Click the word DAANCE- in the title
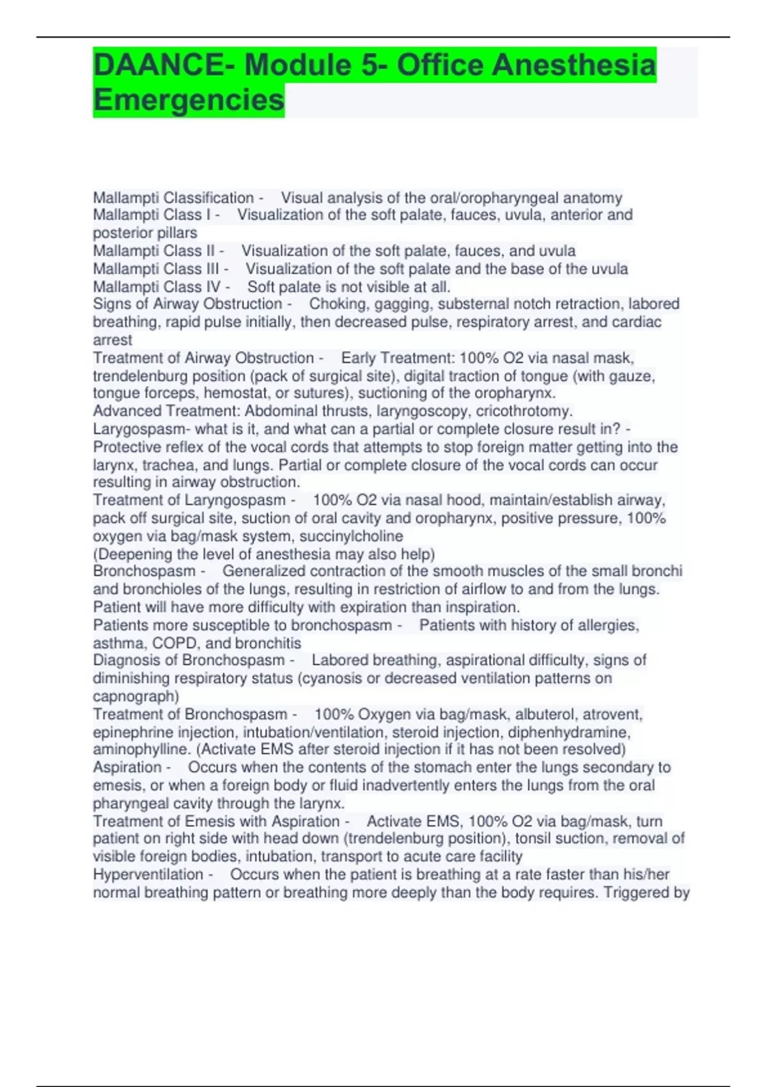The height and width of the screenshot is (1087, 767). click(163, 65)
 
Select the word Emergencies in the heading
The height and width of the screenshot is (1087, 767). click(189, 100)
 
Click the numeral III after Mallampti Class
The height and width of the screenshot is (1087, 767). click(212, 269)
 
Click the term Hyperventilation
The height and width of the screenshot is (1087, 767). click(148, 874)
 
